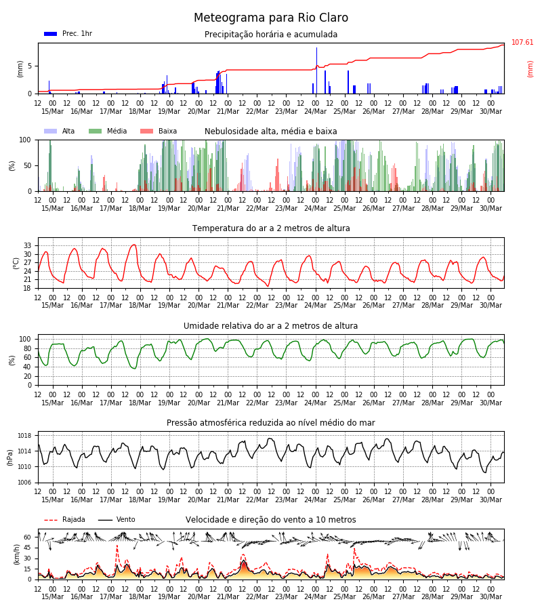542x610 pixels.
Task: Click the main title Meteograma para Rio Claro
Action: click(271, 18)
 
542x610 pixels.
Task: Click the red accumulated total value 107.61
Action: click(522, 42)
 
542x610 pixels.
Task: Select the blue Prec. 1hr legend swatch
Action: click(51, 34)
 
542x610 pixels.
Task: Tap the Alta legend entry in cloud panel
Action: click(60, 131)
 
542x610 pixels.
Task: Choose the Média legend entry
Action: click(108, 131)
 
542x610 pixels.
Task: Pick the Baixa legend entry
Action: click(159, 131)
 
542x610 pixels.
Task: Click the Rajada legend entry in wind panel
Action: click(64, 519)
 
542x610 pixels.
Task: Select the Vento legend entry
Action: click(117, 519)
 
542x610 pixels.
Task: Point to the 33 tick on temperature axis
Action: click(28, 246)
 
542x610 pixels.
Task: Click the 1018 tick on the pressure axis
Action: click(24, 436)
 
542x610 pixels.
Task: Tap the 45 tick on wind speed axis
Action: click(28, 548)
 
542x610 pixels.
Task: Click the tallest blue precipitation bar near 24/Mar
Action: click(316, 70)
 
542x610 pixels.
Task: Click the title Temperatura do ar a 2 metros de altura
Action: click(271, 228)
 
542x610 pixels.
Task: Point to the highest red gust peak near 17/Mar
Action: click(117, 546)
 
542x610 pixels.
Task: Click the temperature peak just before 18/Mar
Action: click(133, 245)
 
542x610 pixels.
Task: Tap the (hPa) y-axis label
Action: click(9, 457)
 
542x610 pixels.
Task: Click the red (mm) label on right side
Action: click(530, 69)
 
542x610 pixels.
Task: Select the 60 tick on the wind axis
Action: click(28, 537)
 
